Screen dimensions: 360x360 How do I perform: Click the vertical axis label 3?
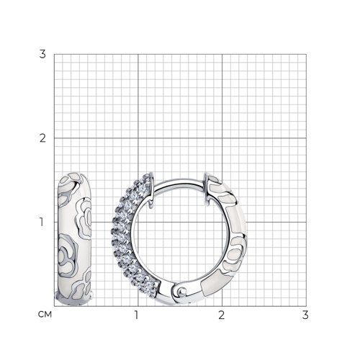[x=42, y=54]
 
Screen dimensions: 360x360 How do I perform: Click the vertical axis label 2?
[x=42, y=138]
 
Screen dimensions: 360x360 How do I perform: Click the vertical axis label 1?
[x=42, y=222]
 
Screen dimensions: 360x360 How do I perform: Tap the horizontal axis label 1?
[x=136, y=315]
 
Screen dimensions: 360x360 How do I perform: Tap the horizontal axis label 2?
[x=222, y=315]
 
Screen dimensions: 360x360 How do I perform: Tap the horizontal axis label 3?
[x=305, y=315]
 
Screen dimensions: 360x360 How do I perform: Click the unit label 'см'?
[x=45, y=314]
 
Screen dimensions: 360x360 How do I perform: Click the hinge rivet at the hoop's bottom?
[x=181, y=292]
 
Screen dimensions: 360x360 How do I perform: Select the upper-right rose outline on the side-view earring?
[x=84, y=218]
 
